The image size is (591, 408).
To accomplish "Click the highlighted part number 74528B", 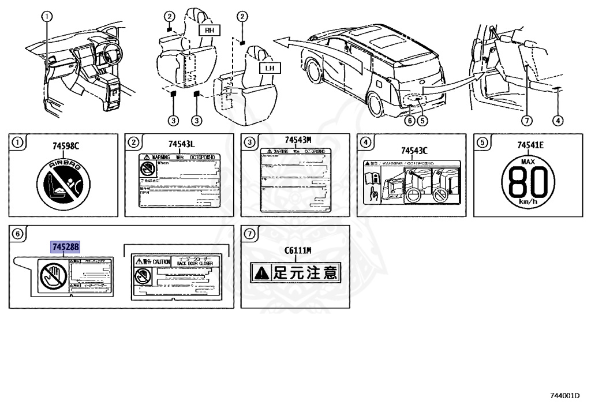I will (65, 246).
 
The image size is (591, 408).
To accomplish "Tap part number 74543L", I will (181, 144).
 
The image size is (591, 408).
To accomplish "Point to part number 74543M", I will (298, 140).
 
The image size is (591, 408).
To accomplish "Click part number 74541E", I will (530, 145).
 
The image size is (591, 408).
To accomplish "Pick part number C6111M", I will (298, 250).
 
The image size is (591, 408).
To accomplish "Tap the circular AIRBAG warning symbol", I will (65, 183).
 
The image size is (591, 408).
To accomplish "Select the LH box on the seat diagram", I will (268, 68).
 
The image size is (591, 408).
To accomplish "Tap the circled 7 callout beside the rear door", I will (526, 121).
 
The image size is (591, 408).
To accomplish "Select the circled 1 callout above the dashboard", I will (48, 16).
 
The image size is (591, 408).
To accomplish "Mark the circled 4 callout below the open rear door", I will (557, 121).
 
